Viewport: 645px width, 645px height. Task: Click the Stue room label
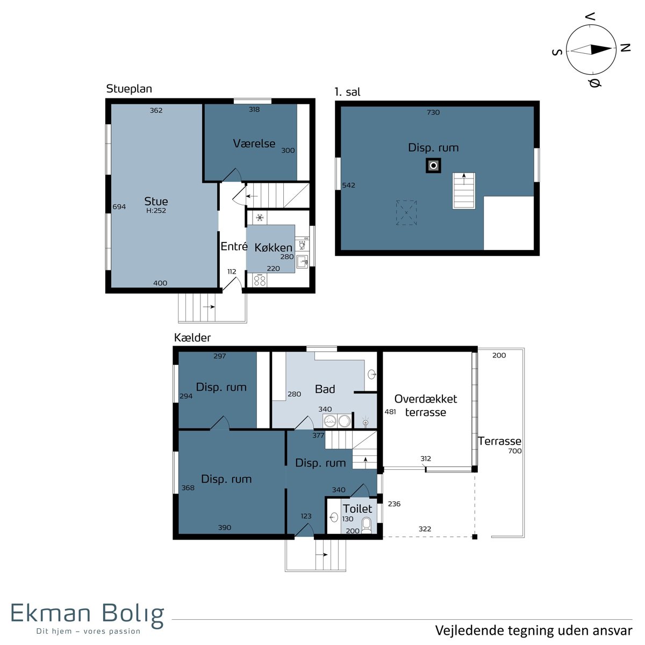pyautogui.click(x=156, y=201)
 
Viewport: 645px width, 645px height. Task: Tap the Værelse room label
pyautogui.click(x=254, y=144)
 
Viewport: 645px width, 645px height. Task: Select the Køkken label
pyautogui.click(x=274, y=248)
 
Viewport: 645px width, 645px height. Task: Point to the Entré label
pyautogui.click(x=234, y=246)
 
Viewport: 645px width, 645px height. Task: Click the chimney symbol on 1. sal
pyautogui.click(x=433, y=166)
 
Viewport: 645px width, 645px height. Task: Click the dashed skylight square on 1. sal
pyautogui.click(x=406, y=213)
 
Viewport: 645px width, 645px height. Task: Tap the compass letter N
pyautogui.click(x=625, y=48)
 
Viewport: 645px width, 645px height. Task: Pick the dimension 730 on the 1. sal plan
pyautogui.click(x=433, y=112)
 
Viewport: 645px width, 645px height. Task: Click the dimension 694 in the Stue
pyautogui.click(x=119, y=207)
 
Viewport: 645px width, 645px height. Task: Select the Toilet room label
pyautogui.click(x=357, y=509)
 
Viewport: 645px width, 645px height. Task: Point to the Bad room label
pyautogui.click(x=325, y=389)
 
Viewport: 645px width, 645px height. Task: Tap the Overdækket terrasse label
pyautogui.click(x=425, y=405)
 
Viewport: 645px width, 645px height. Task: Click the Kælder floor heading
pyautogui.click(x=192, y=338)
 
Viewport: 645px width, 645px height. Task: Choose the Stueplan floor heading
pyautogui.click(x=129, y=89)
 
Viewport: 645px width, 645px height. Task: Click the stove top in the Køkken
pyautogui.click(x=260, y=280)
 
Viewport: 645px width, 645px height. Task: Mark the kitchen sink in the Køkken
pyautogui.click(x=302, y=261)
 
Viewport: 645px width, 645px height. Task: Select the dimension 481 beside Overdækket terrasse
pyautogui.click(x=390, y=412)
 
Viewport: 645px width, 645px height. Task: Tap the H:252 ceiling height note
pyautogui.click(x=156, y=211)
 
